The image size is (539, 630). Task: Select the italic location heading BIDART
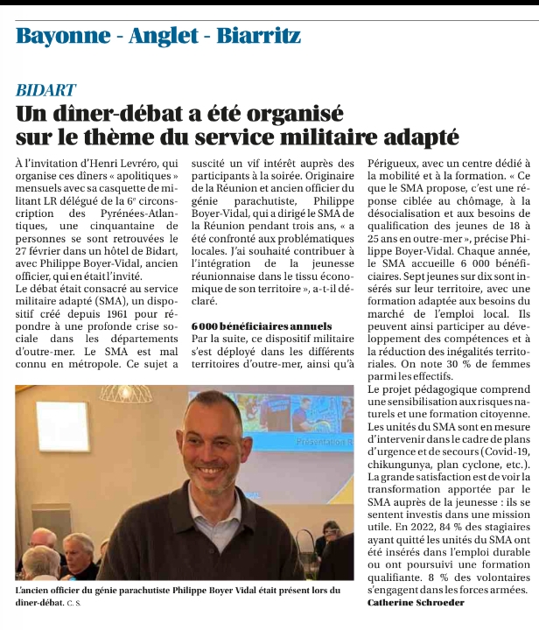click(x=45, y=90)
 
